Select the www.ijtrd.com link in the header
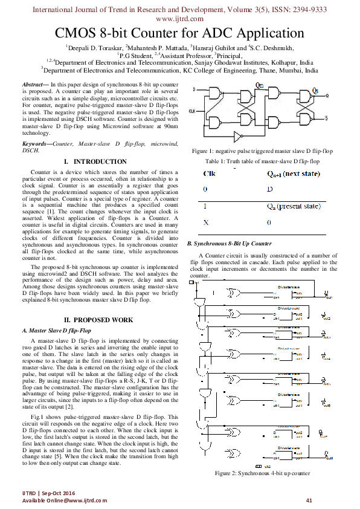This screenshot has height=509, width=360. (179, 18)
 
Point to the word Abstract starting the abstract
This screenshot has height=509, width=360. (33, 84)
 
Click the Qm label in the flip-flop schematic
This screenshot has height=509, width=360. (260, 85)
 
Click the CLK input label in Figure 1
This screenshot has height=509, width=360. (192, 111)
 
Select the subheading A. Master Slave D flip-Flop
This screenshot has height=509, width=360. (56, 331)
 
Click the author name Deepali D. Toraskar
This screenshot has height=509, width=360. (92, 47)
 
